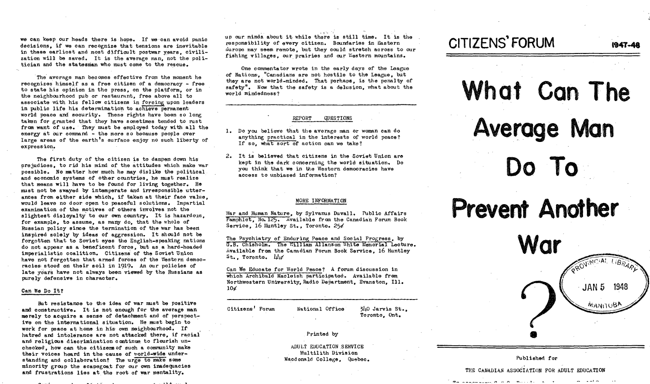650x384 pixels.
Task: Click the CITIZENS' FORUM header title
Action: pos(502,44)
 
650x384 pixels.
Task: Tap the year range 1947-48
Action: pos(625,45)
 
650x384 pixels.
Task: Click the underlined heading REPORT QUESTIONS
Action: pos(322,118)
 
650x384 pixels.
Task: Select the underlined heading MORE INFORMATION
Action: pos(321,201)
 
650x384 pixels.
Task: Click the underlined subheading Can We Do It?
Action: pos(43,290)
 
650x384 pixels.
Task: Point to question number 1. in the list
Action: pos(228,131)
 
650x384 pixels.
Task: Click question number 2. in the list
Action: pos(228,156)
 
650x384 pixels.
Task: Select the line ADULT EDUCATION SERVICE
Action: pos(327,347)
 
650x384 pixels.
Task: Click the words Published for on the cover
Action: pos(536,358)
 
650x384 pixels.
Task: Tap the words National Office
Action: pos(320,309)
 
